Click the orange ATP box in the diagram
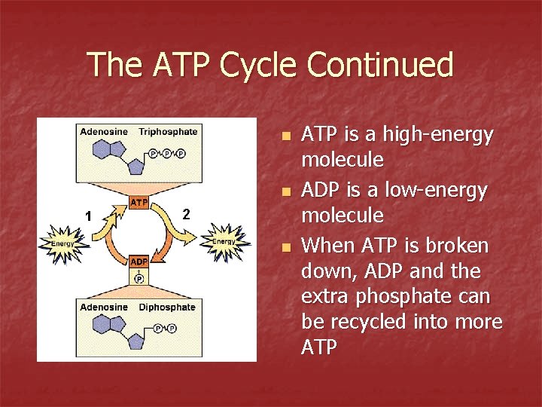pyautogui.click(x=139, y=203)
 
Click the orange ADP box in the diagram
pyautogui.click(x=139, y=262)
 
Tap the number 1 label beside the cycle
pyautogui.click(x=88, y=216)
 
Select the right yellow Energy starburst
pyautogui.click(x=224, y=240)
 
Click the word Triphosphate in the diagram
pyautogui.click(x=168, y=132)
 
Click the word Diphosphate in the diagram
pyautogui.click(x=167, y=308)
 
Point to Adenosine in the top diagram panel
pyautogui.click(x=104, y=132)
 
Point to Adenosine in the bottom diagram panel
pyautogui.click(x=104, y=308)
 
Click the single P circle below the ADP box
pyautogui.click(x=139, y=278)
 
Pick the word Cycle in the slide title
pyautogui.click(x=257, y=65)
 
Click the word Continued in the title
pyautogui.click(x=381, y=65)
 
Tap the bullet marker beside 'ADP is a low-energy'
pyautogui.click(x=284, y=193)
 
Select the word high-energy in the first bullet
pyautogui.click(x=440, y=135)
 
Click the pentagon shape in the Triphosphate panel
pyautogui.click(x=137, y=165)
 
